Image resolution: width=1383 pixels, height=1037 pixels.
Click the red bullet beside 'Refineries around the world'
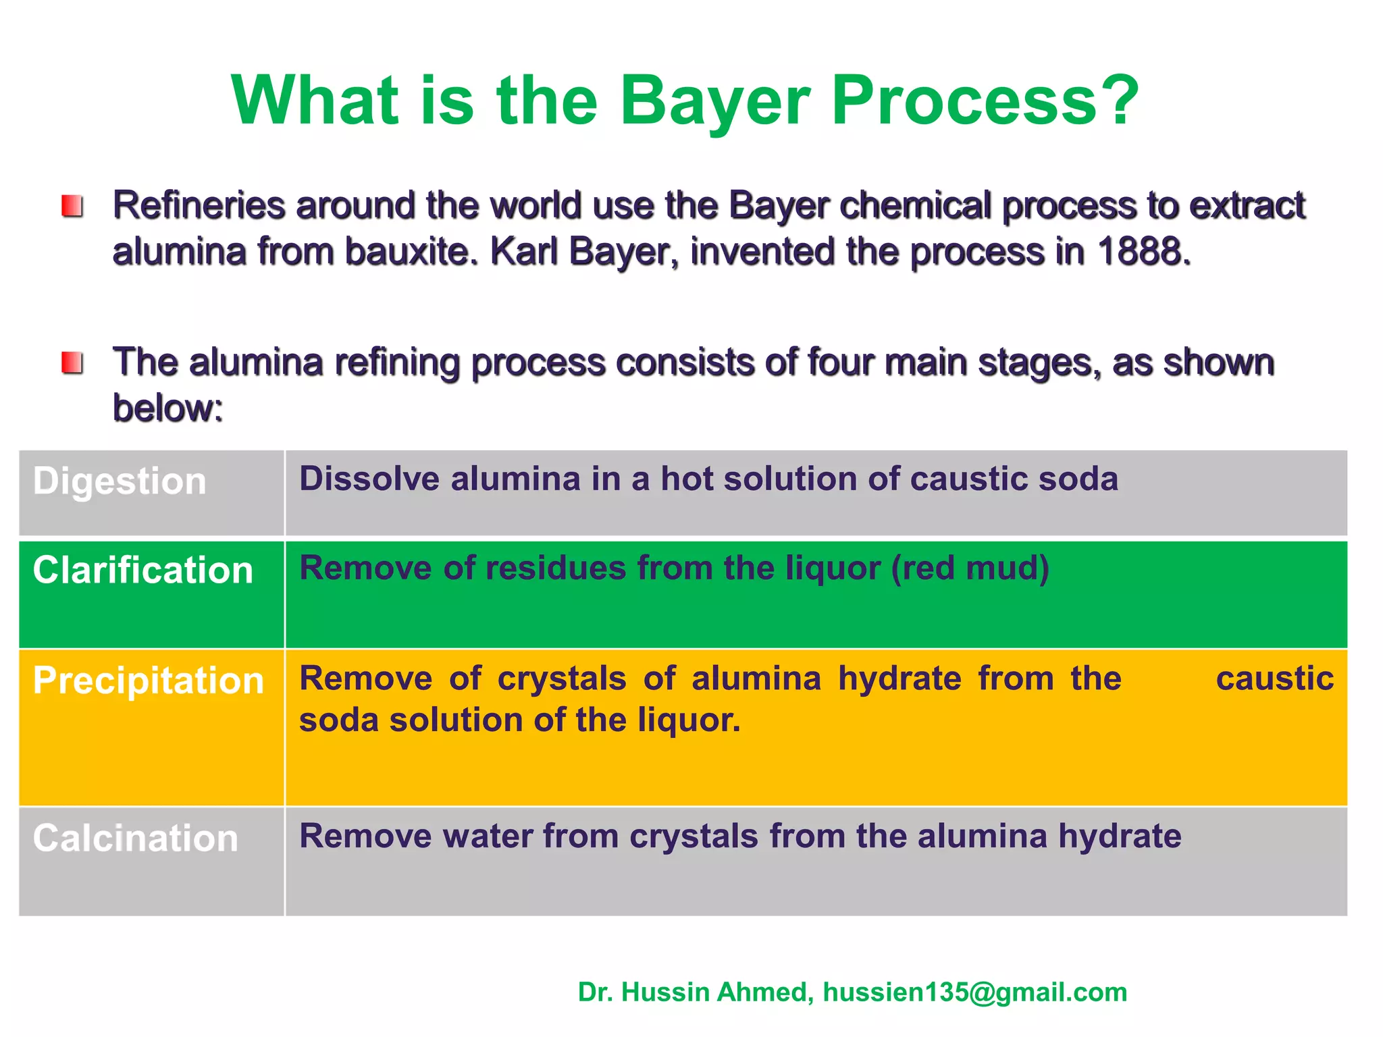(x=72, y=206)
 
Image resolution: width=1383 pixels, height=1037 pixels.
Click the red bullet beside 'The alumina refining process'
(x=72, y=363)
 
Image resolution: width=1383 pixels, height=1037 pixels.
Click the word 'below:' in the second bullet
(x=167, y=408)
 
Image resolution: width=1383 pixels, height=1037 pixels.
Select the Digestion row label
(x=120, y=481)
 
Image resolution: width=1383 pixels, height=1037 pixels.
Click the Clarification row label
(x=143, y=570)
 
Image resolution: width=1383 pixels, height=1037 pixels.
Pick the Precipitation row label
(x=148, y=681)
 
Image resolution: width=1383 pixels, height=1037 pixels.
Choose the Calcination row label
(x=136, y=839)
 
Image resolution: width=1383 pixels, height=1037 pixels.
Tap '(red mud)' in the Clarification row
(x=970, y=568)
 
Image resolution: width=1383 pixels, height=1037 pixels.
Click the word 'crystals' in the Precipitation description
(x=562, y=679)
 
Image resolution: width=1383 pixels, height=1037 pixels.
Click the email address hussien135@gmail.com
(x=975, y=992)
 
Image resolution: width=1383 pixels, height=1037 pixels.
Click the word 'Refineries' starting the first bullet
(x=199, y=206)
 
